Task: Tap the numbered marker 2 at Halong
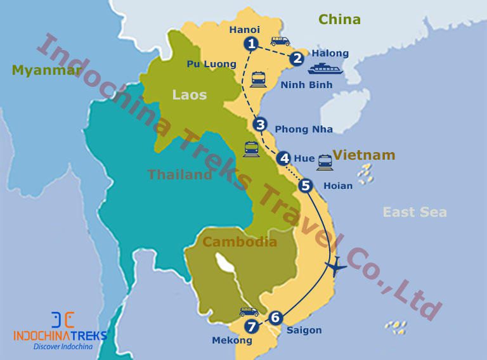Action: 297,59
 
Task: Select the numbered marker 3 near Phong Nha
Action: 259,125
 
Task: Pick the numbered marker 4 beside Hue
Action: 283,158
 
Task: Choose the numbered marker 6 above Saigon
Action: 275,318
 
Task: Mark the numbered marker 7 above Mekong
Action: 252,327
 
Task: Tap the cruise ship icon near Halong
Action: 325,68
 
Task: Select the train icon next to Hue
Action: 325,162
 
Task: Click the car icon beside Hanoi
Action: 280,41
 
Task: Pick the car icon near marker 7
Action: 249,312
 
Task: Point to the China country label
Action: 339,20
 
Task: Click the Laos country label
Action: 189,94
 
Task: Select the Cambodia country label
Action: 240,241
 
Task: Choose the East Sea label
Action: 415,212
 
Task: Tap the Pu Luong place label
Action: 212,64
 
